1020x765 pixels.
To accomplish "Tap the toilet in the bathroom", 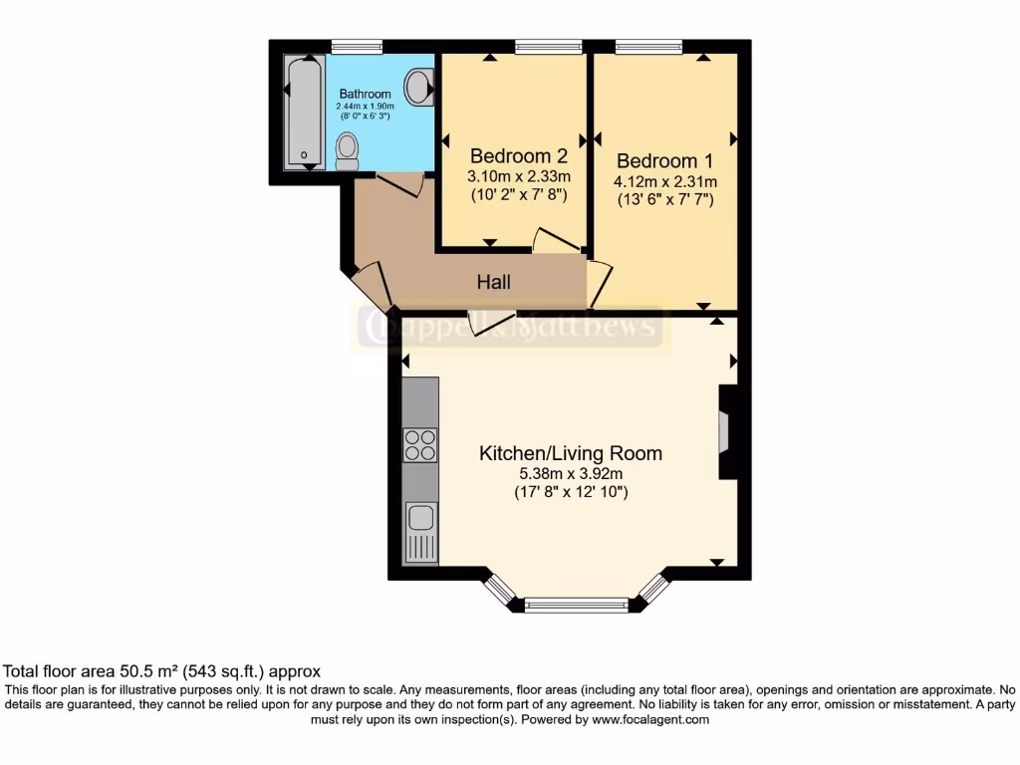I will click(x=347, y=150).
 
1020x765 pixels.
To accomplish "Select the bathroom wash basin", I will click(x=422, y=87).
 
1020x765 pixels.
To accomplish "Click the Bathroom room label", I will click(x=365, y=94).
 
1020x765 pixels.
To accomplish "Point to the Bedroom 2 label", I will click(x=518, y=155).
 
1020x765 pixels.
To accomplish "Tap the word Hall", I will click(x=493, y=283).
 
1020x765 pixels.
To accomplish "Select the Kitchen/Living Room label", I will click(x=571, y=453).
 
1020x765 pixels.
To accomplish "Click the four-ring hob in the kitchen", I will click(x=420, y=444).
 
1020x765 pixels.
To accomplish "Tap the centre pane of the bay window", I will click(x=577, y=604).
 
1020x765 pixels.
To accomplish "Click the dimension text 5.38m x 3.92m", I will click(x=571, y=474).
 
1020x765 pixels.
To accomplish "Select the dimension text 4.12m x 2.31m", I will click(x=664, y=181).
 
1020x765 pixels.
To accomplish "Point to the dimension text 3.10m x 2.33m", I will click(x=518, y=176).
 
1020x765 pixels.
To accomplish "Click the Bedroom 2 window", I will click(x=549, y=45).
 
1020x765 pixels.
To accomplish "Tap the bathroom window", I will click(x=357, y=45).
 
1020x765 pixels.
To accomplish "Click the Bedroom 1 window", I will click(x=648, y=45).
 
